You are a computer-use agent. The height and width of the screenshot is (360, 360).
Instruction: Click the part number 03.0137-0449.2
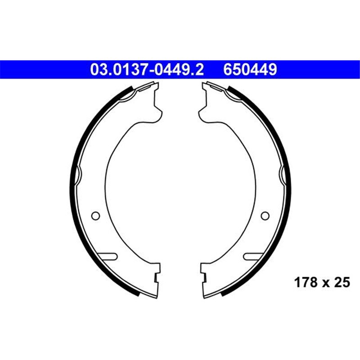pos(147,70)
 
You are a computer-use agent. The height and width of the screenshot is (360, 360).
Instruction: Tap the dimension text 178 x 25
pos(321,283)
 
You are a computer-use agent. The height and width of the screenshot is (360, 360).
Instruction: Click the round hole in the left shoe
pos(95,216)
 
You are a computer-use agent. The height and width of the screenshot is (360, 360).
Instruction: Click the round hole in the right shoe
pos(265,216)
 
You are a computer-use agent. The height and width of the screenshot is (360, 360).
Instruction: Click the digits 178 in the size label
pos(303,283)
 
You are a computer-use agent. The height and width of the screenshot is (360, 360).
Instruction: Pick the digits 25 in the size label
pos(342,283)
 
